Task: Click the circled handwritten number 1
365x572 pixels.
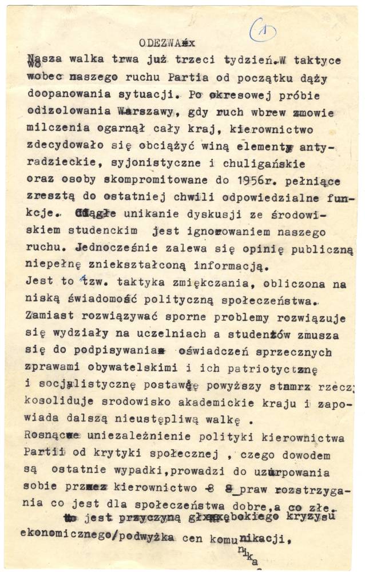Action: click(263, 30)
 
